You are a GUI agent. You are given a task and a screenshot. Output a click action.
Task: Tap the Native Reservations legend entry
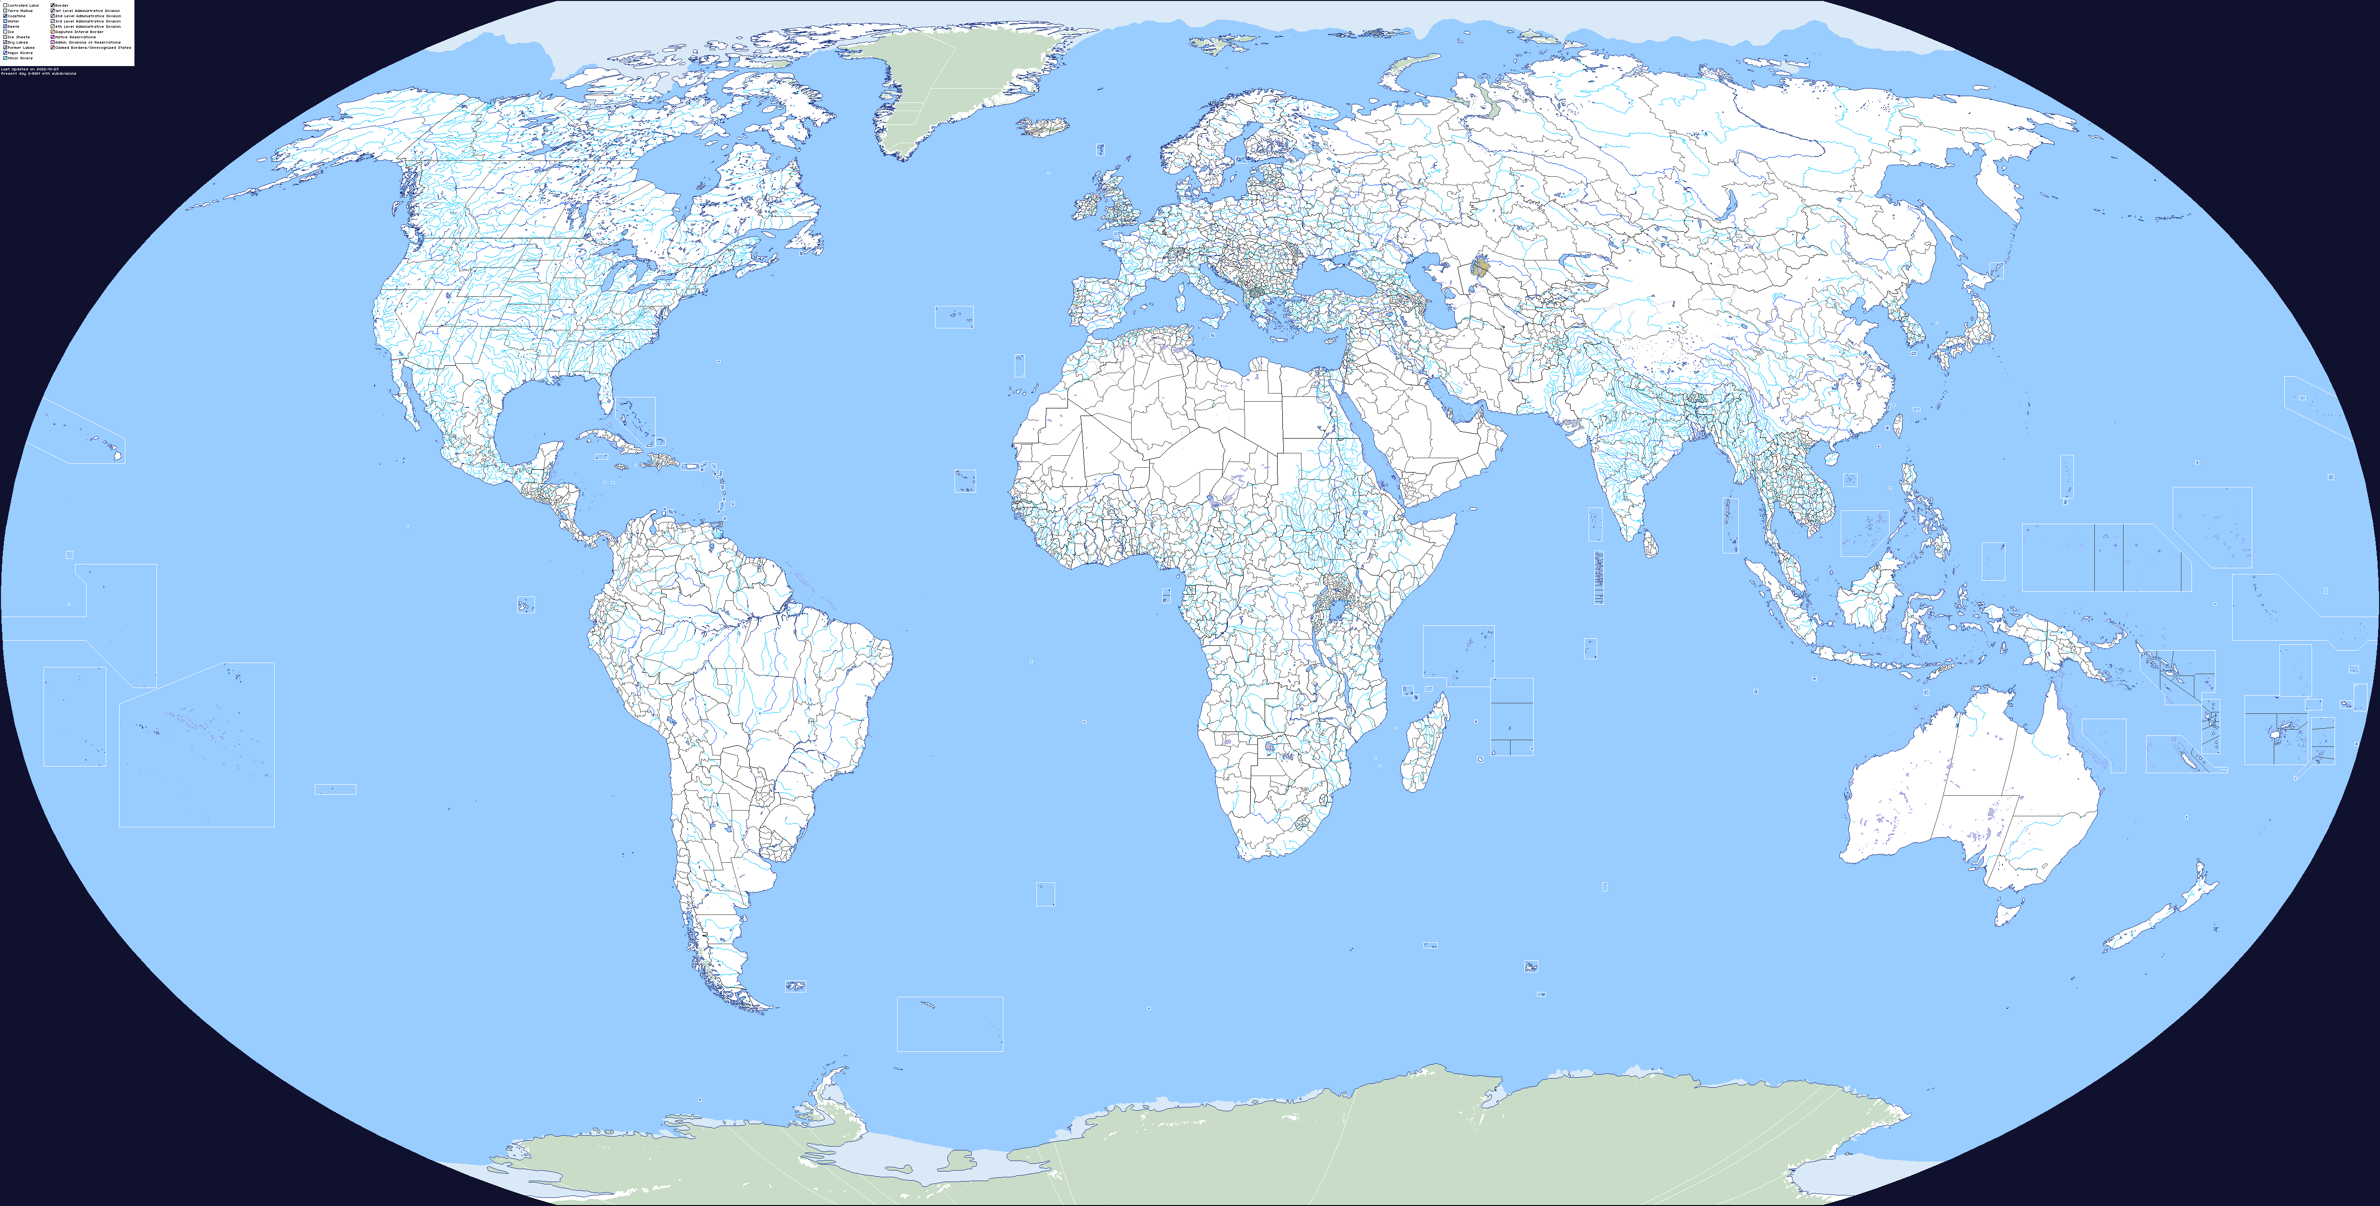pos(74,37)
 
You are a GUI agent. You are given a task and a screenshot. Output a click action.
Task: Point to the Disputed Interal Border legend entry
pos(76,32)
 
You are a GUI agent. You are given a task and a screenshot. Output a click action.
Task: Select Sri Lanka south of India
pos(1649,543)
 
